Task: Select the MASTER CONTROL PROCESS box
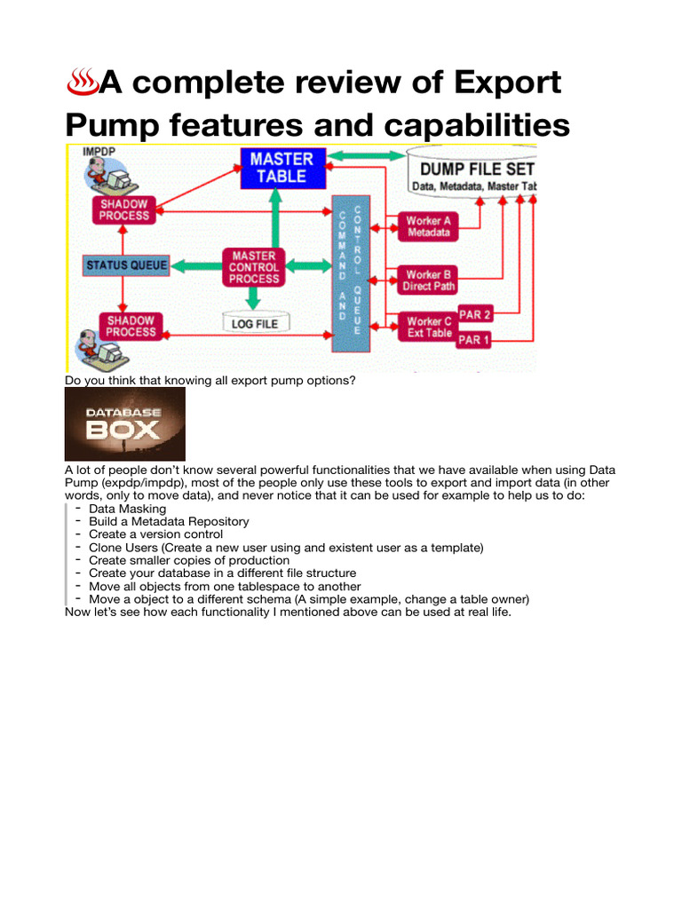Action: point(254,266)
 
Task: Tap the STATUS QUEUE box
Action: point(121,265)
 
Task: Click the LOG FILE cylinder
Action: point(255,324)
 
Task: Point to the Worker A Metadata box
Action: point(429,226)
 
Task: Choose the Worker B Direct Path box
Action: point(429,281)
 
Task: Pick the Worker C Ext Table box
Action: point(429,327)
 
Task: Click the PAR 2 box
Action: point(474,314)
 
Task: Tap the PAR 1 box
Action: point(474,341)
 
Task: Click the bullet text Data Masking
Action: point(127,509)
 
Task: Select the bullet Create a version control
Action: point(155,534)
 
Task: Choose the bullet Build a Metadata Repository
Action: point(169,522)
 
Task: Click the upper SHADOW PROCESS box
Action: point(124,209)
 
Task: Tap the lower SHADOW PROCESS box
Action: point(131,326)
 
